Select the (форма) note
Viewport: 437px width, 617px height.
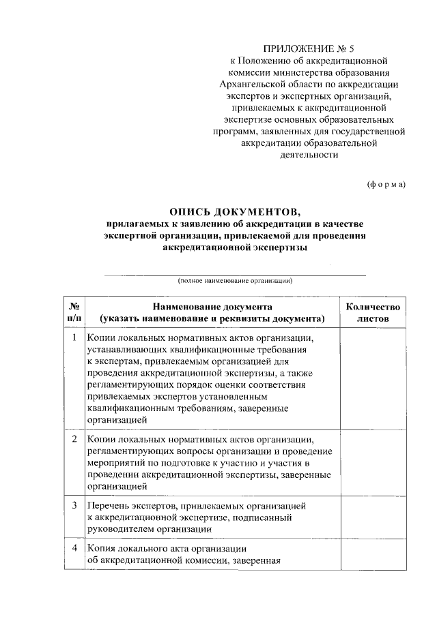[386, 184]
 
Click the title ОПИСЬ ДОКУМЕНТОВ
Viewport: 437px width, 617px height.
[234, 211]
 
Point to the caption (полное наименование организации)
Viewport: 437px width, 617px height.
[235, 280]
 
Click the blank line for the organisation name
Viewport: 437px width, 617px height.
[235, 274]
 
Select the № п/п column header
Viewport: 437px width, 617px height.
[74, 313]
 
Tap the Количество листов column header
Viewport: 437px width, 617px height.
[373, 313]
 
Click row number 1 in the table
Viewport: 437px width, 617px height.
[74, 337]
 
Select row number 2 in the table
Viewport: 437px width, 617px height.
[74, 438]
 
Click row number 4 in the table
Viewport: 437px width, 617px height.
[74, 549]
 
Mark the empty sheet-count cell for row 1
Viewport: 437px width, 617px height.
[373, 378]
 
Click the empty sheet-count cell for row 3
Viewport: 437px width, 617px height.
[373, 517]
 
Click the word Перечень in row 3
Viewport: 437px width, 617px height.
[109, 506]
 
